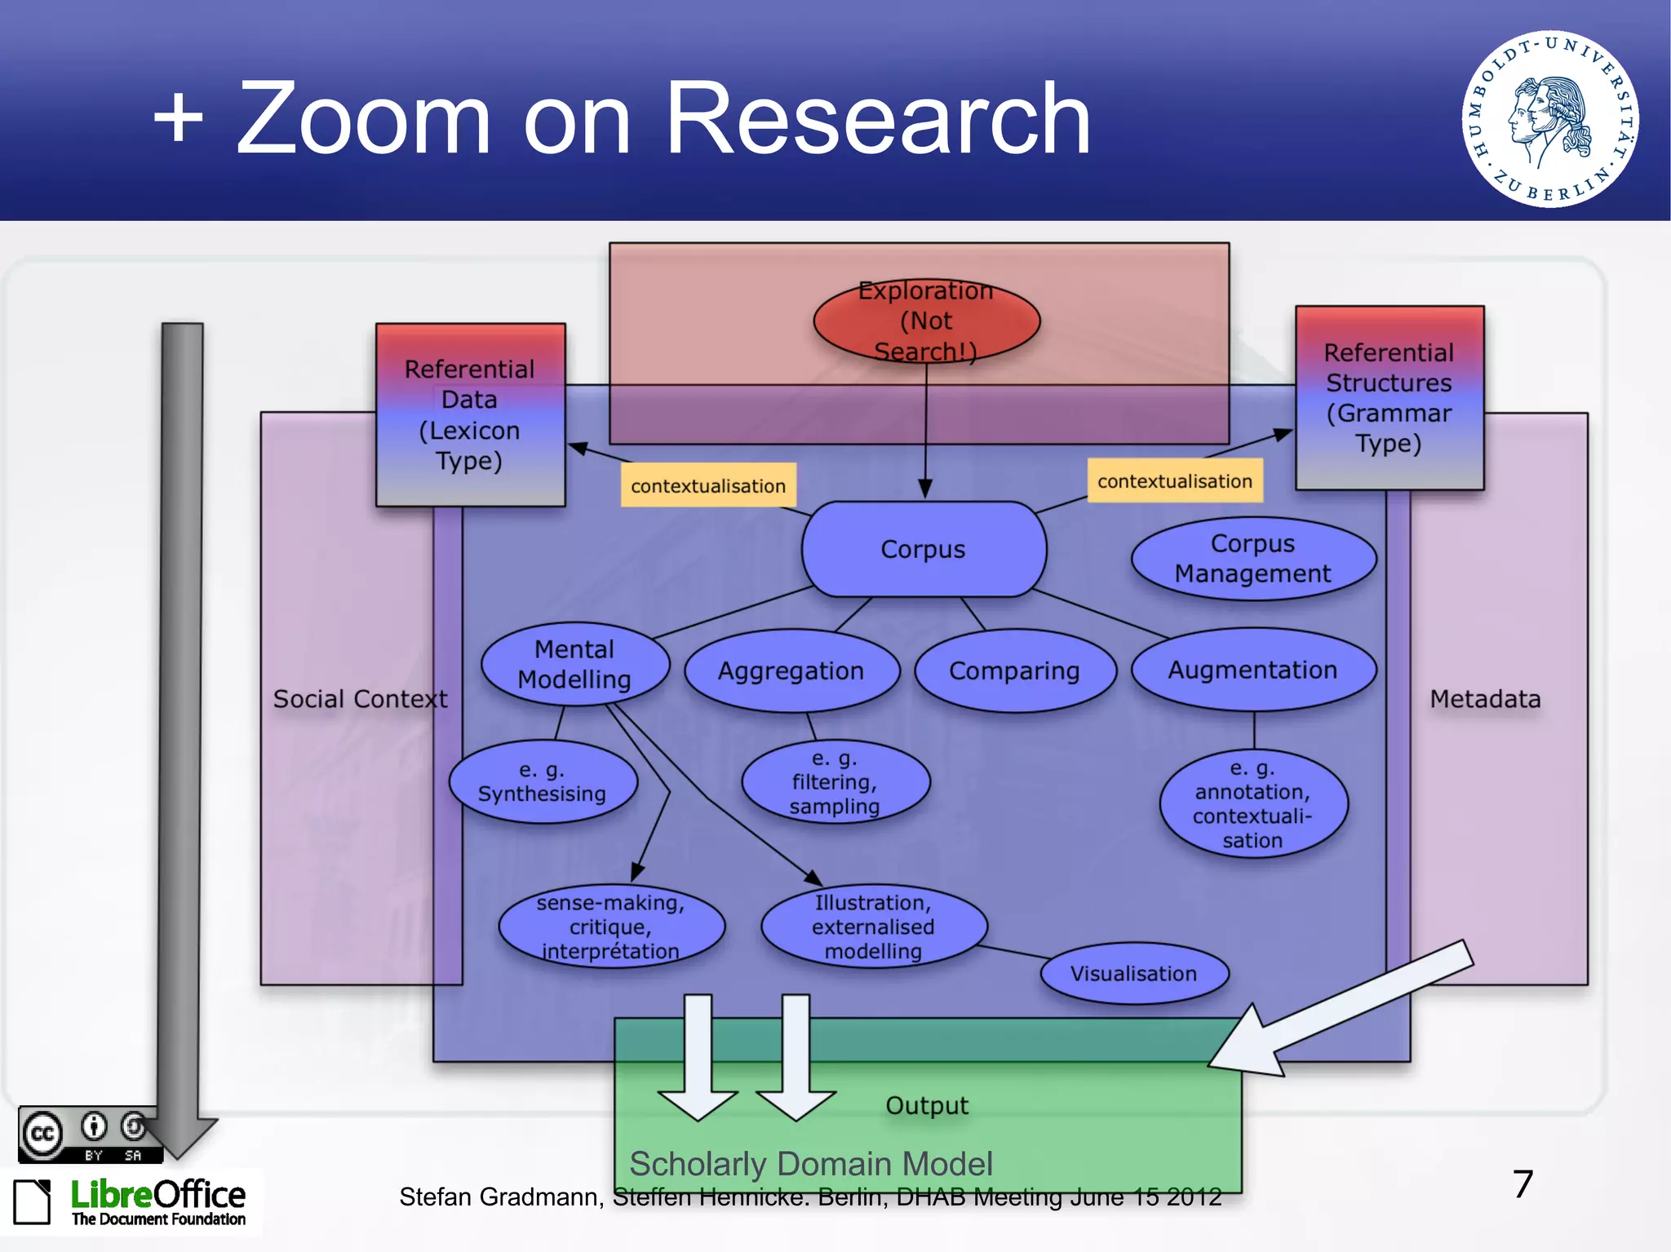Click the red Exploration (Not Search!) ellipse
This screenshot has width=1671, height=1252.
click(x=926, y=321)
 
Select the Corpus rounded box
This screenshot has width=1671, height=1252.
click(x=924, y=549)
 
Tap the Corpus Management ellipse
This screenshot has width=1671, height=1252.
click(x=1252, y=559)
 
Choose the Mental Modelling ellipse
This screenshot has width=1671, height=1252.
click(x=574, y=664)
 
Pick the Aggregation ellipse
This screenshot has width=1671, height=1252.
click(x=791, y=670)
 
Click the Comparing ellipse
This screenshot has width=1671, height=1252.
click(x=1014, y=670)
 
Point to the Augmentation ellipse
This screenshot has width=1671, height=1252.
click(x=1252, y=670)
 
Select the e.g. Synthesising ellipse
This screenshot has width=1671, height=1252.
click(x=543, y=781)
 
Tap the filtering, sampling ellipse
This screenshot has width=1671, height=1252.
click(x=835, y=781)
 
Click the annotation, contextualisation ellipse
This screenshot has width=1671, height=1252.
click(x=1252, y=803)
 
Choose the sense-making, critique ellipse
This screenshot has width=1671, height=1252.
click(x=611, y=927)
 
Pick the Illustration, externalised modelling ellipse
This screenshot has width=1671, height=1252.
click(x=873, y=927)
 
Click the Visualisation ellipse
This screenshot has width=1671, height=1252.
click(x=1134, y=974)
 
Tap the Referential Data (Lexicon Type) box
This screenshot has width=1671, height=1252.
click(x=470, y=414)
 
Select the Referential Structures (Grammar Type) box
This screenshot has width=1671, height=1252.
click(x=1389, y=398)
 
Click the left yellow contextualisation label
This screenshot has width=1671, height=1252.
click(x=708, y=485)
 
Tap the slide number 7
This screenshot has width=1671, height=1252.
click(x=1523, y=1183)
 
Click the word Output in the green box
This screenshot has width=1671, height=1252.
click(x=927, y=1105)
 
